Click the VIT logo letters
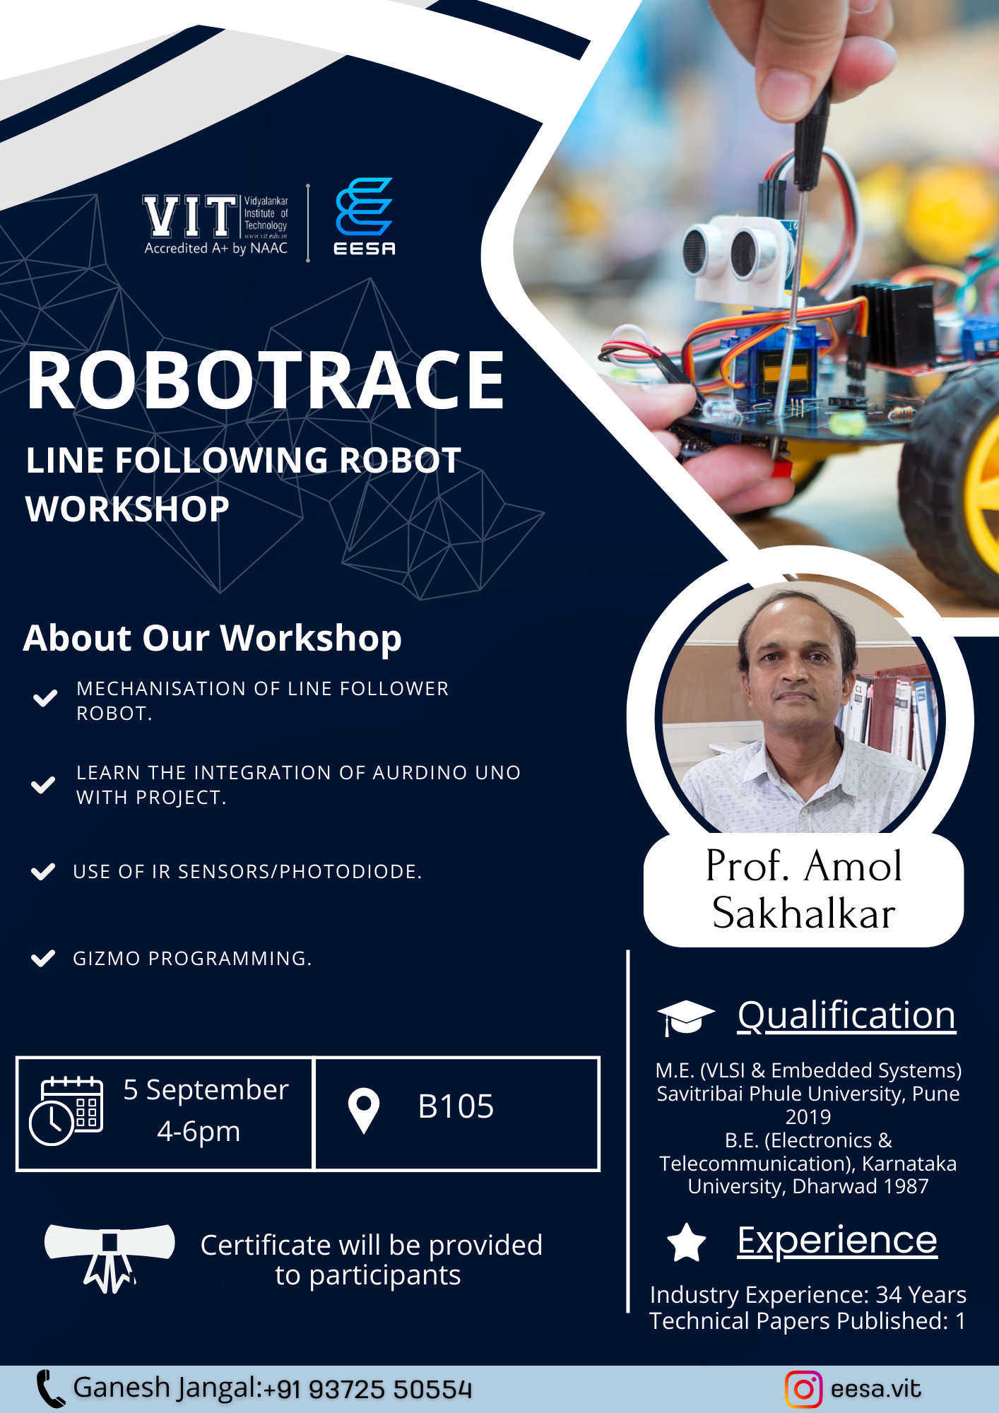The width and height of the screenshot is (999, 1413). [x=190, y=216]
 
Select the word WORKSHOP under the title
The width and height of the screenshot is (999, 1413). [x=128, y=509]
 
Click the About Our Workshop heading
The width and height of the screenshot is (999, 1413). [x=213, y=639]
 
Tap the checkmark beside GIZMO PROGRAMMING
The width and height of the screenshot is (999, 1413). [x=43, y=958]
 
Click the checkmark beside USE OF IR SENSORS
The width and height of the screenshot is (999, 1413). [x=43, y=871]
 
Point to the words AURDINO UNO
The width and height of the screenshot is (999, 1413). [x=447, y=772]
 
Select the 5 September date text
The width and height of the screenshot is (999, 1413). [x=206, y=1090]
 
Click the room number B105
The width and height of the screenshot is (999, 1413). [x=456, y=1106]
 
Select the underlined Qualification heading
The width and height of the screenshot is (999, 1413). [x=846, y=1016]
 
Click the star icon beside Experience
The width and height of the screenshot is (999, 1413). [x=687, y=1243]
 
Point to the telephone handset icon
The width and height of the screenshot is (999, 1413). [x=50, y=1389]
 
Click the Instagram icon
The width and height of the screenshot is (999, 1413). [x=804, y=1389]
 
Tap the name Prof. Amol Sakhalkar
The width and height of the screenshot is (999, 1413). [x=804, y=889]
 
